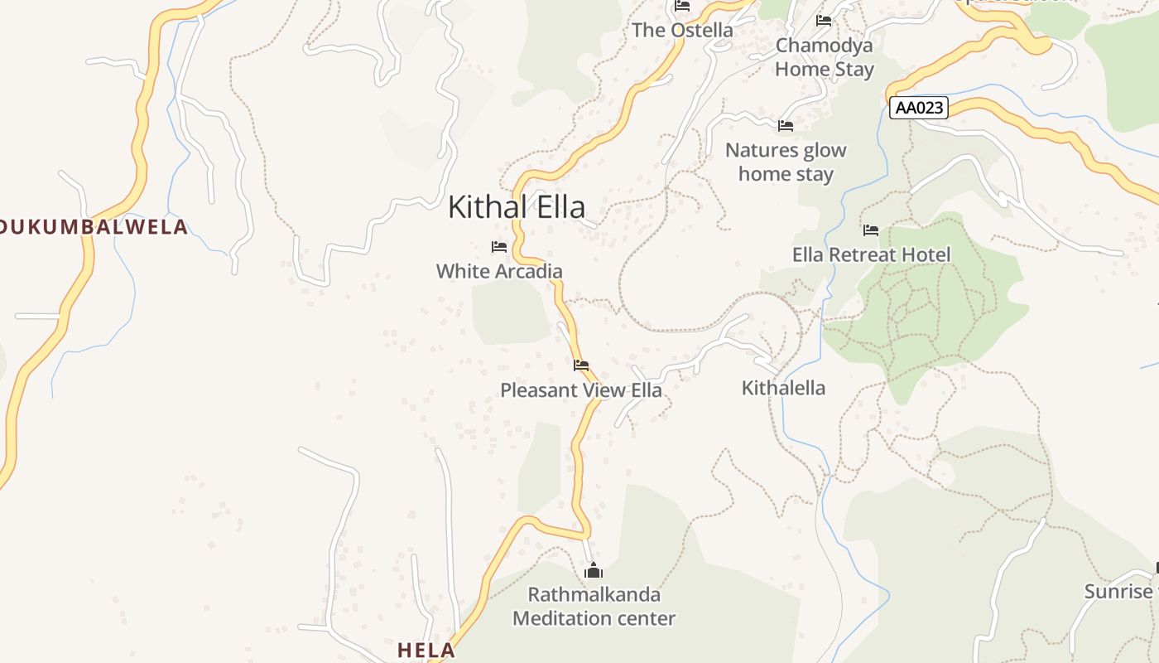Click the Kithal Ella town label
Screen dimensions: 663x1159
(517, 207)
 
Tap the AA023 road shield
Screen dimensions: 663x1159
(918, 108)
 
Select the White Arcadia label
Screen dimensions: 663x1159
(499, 271)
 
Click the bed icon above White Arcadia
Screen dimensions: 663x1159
(498, 247)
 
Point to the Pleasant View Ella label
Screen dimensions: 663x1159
(581, 390)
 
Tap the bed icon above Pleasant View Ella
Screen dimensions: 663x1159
(581, 365)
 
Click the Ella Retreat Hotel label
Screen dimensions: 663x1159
(872, 254)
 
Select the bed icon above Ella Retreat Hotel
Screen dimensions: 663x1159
(870, 230)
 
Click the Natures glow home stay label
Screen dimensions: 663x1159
(786, 162)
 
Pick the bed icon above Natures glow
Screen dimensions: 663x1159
(786, 126)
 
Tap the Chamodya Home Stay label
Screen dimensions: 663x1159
(825, 57)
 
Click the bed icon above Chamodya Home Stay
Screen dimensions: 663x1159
(824, 21)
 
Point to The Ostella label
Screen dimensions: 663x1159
(682, 31)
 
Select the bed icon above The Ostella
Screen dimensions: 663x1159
(682, 6)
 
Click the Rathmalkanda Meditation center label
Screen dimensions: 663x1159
(594, 607)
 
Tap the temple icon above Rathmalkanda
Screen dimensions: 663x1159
(594, 571)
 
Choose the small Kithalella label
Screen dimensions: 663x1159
(783, 388)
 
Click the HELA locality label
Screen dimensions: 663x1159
(426, 651)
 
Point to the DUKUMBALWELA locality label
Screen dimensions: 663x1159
(94, 227)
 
